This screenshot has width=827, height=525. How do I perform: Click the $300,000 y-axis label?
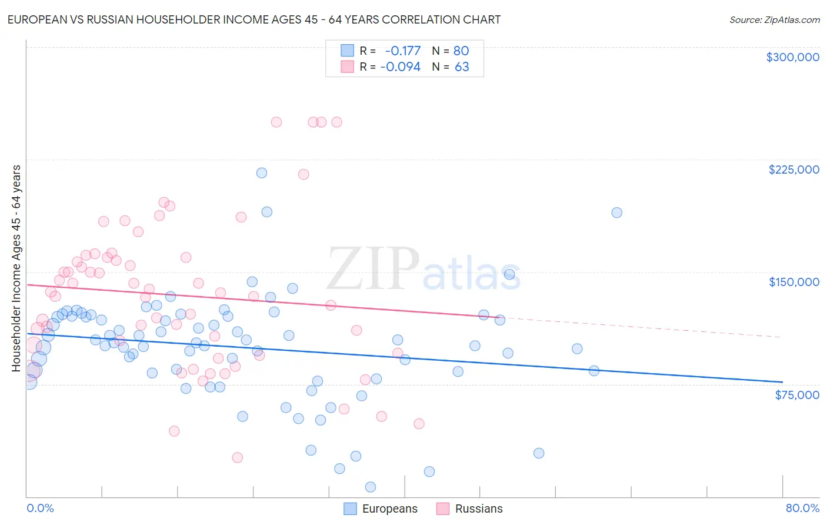[x=792, y=57]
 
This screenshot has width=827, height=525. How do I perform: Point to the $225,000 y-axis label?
[x=793, y=170]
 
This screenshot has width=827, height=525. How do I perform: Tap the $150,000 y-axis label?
[x=793, y=282]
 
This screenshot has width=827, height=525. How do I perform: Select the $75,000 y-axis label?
[x=796, y=394]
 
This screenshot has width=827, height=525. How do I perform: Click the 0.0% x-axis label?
[x=40, y=508]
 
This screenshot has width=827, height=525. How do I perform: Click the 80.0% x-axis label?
[x=802, y=508]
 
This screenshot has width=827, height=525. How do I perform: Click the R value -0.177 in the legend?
[x=403, y=51]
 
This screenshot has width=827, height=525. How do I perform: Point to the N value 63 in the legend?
[x=462, y=67]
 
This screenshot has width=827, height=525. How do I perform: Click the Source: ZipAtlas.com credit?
[x=774, y=19]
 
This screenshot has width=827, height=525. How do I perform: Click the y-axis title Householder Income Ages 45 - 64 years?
[x=16, y=268]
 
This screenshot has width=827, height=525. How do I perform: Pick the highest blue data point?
[x=262, y=173]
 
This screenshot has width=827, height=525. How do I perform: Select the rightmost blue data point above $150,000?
[x=616, y=212]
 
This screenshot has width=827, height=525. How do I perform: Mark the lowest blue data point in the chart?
[x=371, y=487]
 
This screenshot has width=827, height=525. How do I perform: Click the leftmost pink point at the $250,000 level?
[x=276, y=122]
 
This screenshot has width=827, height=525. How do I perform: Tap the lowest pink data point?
[x=238, y=457]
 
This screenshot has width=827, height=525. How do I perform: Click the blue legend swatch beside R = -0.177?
[x=348, y=51]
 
